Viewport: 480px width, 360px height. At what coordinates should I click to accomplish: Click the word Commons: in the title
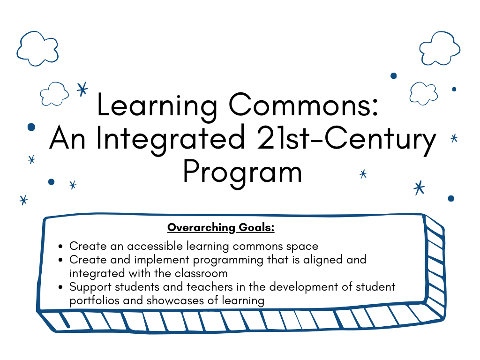304,105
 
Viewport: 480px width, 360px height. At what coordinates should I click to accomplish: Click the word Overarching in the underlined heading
201,228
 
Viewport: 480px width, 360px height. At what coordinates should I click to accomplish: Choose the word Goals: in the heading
256,227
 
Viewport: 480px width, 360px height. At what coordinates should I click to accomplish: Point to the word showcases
175,300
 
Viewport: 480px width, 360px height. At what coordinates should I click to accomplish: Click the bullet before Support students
60,287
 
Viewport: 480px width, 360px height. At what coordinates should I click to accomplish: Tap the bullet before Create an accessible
60,246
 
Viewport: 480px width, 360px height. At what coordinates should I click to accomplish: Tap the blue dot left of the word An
31,127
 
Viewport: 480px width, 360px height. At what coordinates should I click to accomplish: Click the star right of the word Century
454,138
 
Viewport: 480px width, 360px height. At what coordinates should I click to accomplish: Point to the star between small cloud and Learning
82,90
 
